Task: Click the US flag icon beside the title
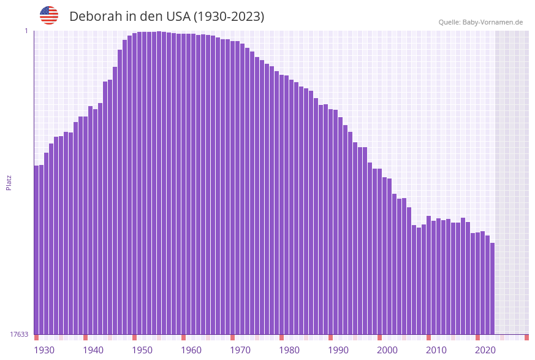pos(49,15)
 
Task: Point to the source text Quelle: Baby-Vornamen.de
pos(480,22)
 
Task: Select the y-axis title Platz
pos(9,182)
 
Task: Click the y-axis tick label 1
pos(26,31)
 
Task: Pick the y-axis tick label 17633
pos(19,334)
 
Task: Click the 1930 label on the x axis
pos(44,350)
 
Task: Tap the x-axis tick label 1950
pos(142,350)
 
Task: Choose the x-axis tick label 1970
pos(240,350)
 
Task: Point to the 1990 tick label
pos(338,350)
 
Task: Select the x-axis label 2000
pos(387,350)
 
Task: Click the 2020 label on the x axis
pos(485,350)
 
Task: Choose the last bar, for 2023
pos(492,288)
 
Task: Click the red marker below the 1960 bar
pos(183,337)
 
